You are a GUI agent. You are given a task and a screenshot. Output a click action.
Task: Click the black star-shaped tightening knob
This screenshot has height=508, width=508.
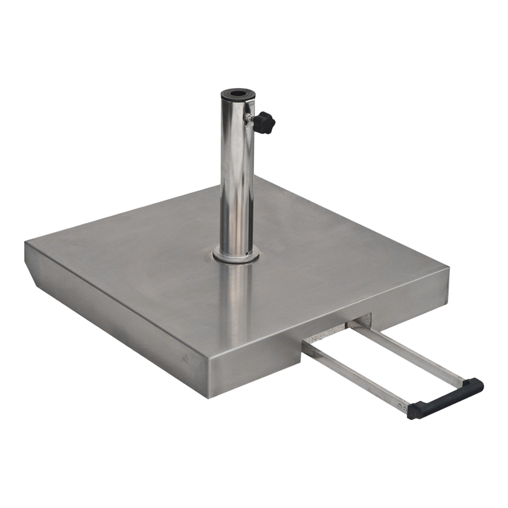click(264, 122)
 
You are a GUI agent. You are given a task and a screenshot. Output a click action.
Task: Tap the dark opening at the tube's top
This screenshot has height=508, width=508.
click(237, 92)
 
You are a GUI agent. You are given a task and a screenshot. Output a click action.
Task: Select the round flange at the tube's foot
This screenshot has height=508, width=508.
click(236, 255)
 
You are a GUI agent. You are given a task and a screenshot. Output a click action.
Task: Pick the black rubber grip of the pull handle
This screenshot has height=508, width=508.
click(445, 398)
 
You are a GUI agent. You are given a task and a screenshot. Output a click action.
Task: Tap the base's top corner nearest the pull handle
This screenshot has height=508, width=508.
click(448, 270)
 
